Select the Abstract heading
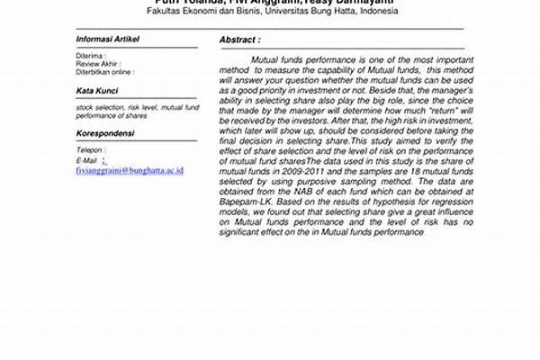click(239, 40)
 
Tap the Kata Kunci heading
click(96, 92)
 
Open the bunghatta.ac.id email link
click(130, 168)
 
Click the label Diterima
click(91, 56)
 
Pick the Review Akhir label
click(97, 64)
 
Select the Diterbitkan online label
click(103, 72)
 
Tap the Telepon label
click(91, 149)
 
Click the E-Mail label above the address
click(88, 158)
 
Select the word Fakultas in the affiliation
click(165, 12)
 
